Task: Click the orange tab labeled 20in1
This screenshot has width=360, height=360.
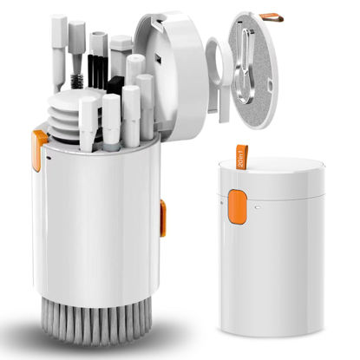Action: click(242, 157)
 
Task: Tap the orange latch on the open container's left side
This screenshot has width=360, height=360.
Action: click(38, 150)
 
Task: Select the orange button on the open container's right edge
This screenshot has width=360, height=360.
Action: click(163, 218)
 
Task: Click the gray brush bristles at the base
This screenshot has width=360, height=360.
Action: click(96, 321)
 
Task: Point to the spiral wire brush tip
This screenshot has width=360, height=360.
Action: click(76, 82)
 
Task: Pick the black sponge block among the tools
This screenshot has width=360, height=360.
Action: click(115, 85)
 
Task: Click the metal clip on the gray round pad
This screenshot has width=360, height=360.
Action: click(245, 65)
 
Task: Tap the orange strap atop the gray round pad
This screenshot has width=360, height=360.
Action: click(272, 17)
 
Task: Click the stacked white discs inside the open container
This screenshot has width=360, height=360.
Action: click(64, 115)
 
